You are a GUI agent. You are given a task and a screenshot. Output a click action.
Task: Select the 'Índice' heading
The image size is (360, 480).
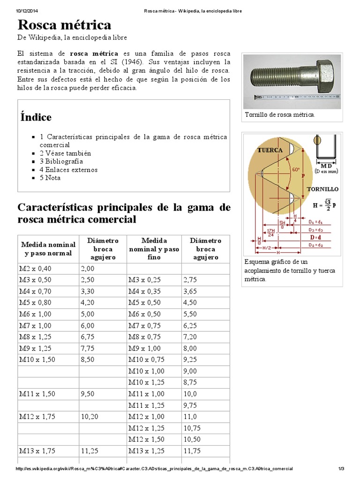click(36, 117)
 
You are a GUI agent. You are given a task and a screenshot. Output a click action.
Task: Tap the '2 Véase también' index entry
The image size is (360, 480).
click(65, 153)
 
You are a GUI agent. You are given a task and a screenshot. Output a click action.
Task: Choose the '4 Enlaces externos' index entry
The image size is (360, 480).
click(68, 170)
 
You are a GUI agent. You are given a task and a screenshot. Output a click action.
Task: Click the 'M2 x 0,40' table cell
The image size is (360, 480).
click(37, 269)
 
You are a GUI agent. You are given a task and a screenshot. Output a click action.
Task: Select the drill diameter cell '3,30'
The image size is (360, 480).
click(88, 292)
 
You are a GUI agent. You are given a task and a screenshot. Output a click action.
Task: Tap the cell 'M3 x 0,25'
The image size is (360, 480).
click(145, 280)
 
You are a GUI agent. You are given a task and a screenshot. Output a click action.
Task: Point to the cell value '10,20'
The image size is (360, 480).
click(90, 416)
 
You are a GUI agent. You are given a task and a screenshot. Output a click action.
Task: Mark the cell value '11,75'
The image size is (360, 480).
click(193, 451)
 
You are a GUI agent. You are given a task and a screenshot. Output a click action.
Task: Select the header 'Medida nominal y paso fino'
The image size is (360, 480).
click(154, 249)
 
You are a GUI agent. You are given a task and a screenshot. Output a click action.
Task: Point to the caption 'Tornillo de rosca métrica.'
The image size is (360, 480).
click(280, 115)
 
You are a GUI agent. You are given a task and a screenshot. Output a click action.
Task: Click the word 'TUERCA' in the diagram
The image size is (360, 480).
click(270, 150)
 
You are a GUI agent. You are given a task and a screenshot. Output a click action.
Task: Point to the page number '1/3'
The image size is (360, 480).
click(341, 469)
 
